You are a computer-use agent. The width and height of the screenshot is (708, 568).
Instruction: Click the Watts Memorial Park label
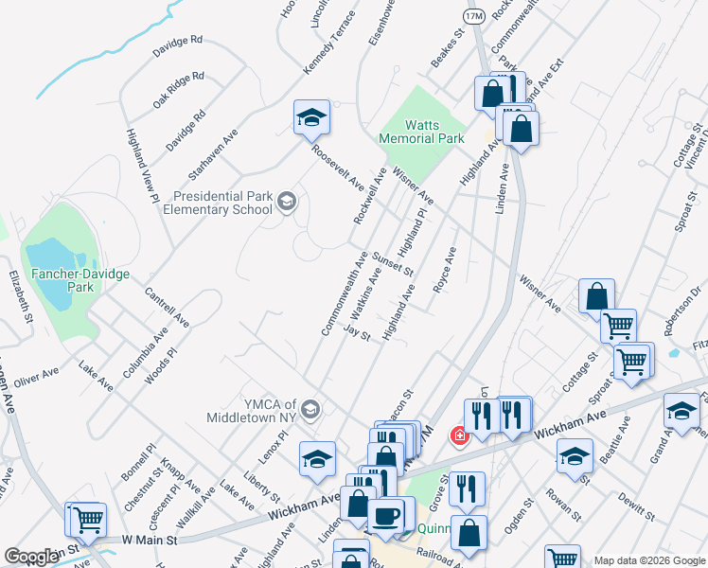tap(421, 132)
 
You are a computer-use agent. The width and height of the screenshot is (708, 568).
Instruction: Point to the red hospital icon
tap(459, 436)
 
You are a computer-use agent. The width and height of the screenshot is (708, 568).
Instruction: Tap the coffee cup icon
tap(385, 517)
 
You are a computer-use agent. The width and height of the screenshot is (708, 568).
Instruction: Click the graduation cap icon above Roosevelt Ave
tap(311, 118)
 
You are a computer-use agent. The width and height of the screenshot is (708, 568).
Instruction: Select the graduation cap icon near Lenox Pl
tap(317, 460)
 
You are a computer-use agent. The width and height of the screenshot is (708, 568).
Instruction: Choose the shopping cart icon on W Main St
tap(86, 520)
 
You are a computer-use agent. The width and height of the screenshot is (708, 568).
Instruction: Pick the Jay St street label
tap(357, 333)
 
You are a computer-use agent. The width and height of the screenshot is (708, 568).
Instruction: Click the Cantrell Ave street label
tap(167, 309)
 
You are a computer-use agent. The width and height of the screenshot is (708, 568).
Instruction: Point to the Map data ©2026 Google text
tap(648, 560)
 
